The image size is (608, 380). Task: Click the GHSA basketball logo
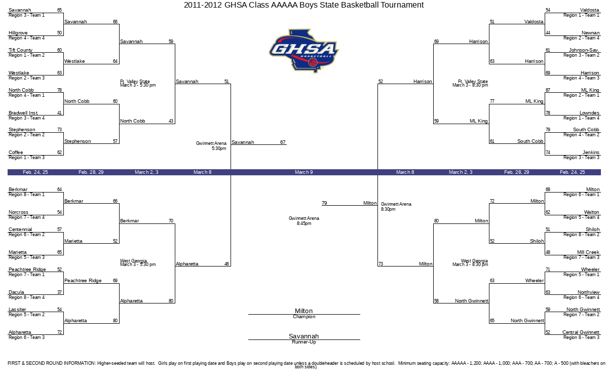303,51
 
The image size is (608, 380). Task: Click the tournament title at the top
303,5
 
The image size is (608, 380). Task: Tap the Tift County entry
21,50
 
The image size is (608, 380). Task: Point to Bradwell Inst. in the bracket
24,113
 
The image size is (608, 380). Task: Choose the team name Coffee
16,153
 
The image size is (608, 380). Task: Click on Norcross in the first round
19,212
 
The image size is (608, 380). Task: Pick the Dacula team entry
17,292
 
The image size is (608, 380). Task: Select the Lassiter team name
18,310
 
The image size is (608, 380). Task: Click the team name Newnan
590,33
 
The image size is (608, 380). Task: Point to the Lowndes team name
589,113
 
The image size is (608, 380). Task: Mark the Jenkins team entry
591,153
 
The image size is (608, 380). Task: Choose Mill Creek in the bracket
588,252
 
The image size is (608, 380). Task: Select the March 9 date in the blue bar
304,172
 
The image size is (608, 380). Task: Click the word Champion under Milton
304,317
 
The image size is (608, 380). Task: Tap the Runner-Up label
304,342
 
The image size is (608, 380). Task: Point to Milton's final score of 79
324,203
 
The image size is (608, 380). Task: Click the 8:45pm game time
304,223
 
